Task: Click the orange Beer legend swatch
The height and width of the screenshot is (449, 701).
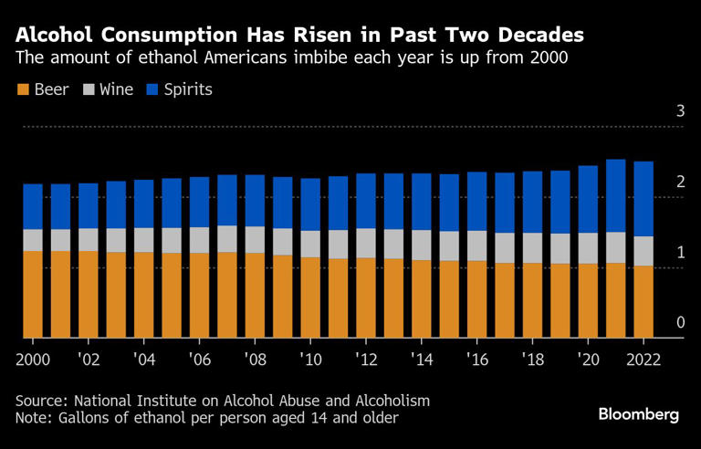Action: click(22, 89)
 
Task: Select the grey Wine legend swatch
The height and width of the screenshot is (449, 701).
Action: click(89, 89)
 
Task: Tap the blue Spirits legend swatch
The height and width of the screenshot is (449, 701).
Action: click(154, 89)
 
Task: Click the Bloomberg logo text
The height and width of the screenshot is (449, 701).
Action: click(638, 414)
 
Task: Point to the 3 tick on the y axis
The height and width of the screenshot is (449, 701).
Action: click(679, 111)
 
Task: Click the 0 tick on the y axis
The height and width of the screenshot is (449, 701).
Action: click(679, 322)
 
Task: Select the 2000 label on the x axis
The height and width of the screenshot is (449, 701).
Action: click(33, 359)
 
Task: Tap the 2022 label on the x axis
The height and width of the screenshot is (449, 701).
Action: click(643, 359)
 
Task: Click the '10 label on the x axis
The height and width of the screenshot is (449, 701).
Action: click(310, 359)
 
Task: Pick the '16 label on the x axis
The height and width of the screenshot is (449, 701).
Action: click(477, 359)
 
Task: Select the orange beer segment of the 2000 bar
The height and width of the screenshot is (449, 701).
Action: click(33, 294)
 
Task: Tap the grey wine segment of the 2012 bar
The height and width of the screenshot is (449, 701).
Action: click(366, 243)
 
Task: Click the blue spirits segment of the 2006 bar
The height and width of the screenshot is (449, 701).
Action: click(199, 202)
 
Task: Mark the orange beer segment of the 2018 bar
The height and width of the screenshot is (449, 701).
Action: click(533, 300)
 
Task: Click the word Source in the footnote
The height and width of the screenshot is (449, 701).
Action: click(40, 401)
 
